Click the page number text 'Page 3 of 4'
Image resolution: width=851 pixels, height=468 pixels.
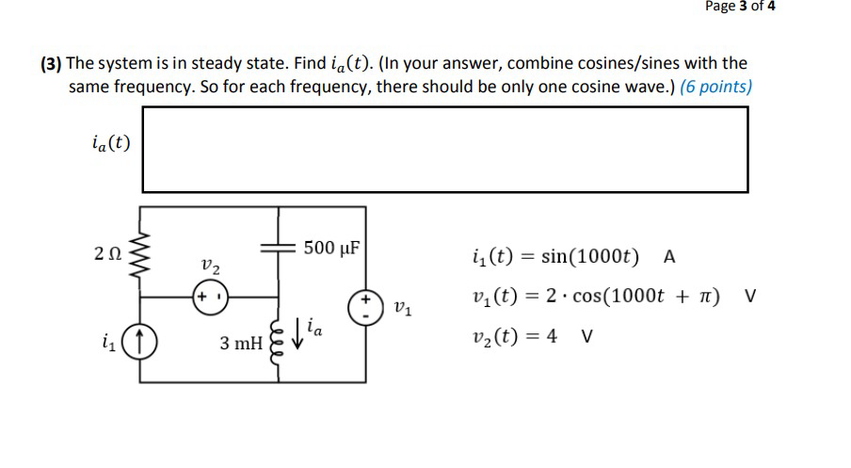740,8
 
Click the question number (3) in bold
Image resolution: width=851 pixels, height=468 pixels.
51,64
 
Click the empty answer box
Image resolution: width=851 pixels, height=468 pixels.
444,149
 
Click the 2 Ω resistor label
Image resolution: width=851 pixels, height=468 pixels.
107,252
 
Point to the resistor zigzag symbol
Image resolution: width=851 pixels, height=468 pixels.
142,253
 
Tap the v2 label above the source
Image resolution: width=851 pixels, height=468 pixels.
210,267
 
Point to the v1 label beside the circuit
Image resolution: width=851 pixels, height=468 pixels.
402,307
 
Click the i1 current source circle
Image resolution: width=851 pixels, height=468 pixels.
142,345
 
